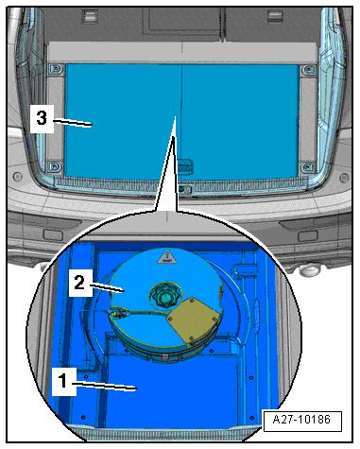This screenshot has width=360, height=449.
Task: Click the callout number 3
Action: point(42,118)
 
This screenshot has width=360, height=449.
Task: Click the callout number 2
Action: point(79,282)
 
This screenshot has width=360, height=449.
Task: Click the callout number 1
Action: point(63,381)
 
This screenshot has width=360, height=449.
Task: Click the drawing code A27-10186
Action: point(301,420)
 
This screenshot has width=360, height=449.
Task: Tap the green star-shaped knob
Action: point(163,296)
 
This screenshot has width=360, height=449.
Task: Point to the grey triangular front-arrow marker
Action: point(165,256)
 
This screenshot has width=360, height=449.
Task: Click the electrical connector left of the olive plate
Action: point(119,314)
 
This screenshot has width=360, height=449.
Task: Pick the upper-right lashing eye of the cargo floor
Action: point(308,69)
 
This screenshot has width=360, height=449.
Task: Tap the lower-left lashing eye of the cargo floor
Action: point(55,166)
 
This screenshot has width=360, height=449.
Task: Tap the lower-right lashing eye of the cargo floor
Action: point(308,167)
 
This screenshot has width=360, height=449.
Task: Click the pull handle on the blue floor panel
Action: point(185,165)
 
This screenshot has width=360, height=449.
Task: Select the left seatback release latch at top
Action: point(90,16)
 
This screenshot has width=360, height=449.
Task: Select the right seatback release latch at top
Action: point(275,16)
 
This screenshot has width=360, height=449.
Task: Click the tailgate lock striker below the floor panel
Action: point(183,189)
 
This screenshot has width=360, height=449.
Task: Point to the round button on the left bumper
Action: point(17,176)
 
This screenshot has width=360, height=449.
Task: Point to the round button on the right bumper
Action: point(344,178)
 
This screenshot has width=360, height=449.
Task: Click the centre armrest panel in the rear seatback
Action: point(183,20)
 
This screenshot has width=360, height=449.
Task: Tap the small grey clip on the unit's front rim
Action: point(165,357)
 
